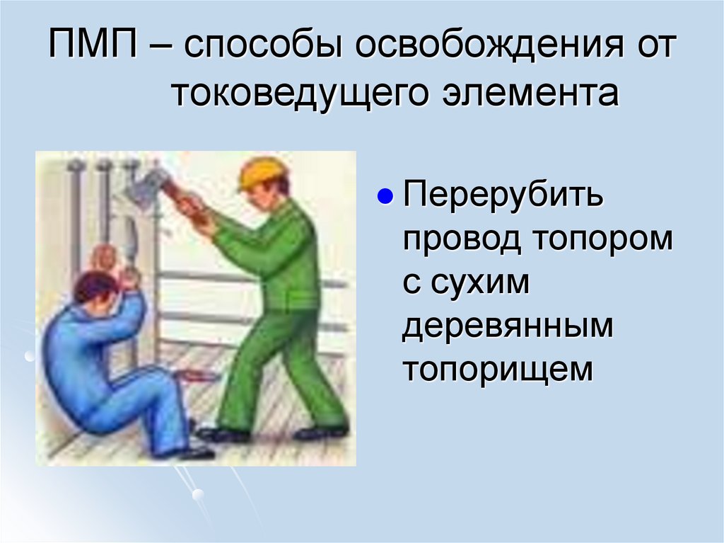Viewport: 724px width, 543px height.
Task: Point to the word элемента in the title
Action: coord(538,95)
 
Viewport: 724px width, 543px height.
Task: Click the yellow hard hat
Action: coord(262,172)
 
